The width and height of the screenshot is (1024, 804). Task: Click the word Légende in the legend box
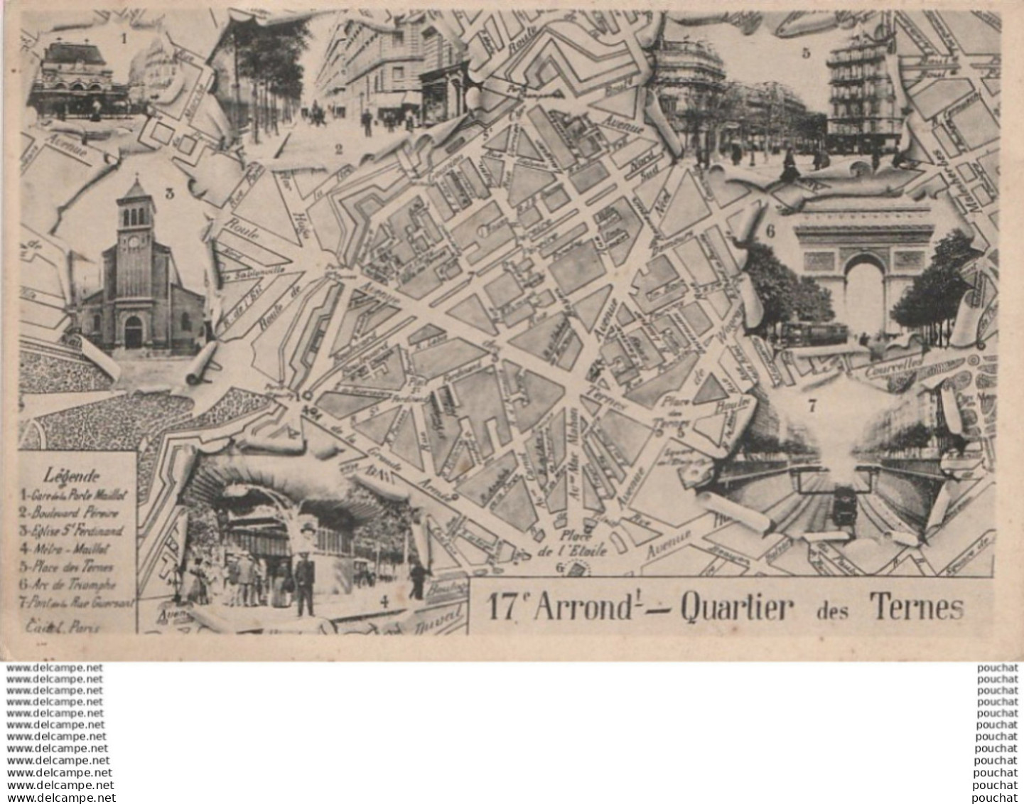(x=72, y=476)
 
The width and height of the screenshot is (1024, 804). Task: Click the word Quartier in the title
(x=735, y=608)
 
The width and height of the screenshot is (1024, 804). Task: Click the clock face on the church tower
(x=135, y=241)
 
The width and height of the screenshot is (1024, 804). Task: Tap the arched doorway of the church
(x=133, y=332)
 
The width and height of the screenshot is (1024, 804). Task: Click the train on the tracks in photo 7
(x=842, y=506)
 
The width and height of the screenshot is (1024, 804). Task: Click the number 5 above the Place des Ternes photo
(x=805, y=53)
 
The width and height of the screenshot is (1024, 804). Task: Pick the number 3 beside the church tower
(x=169, y=192)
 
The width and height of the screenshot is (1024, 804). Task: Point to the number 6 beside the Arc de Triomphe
(x=770, y=230)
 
